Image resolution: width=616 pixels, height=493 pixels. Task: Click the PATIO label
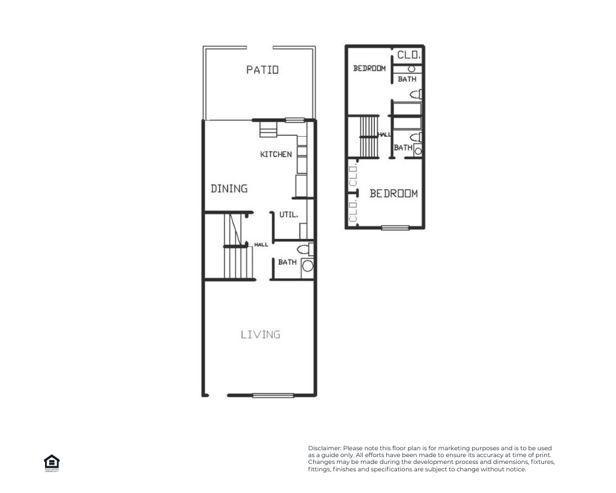(x=262, y=70)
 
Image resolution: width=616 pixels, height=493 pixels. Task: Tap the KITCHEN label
(x=276, y=154)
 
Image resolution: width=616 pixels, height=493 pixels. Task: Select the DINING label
(x=229, y=189)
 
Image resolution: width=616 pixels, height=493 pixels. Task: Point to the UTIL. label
(x=289, y=215)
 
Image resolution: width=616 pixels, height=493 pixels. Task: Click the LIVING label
(x=261, y=335)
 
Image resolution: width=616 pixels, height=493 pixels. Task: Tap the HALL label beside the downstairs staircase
(x=261, y=245)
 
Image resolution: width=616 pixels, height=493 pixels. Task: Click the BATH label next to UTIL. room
(x=287, y=262)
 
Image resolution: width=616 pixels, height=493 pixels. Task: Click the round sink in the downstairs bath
(x=307, y=266)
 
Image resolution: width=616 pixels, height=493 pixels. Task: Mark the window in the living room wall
(x=273, y=395)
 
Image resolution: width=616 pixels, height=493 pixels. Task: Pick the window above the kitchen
(x=295, y=120)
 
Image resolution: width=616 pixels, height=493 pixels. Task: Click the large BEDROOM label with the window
(x=394, y=194)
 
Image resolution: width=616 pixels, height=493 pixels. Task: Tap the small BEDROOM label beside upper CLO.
(x=370, y=68)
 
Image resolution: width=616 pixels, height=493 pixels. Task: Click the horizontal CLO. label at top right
(x=409, y=55)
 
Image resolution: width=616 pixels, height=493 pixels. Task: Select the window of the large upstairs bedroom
(x=395, y=228)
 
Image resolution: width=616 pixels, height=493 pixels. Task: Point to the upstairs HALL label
(x=384, y=135)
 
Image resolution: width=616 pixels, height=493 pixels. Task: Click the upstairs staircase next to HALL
(x=368, y=137)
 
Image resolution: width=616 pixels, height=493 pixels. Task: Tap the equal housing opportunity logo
(x=52, y=462)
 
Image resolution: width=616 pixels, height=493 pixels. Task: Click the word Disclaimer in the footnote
(x=324, y=449)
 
